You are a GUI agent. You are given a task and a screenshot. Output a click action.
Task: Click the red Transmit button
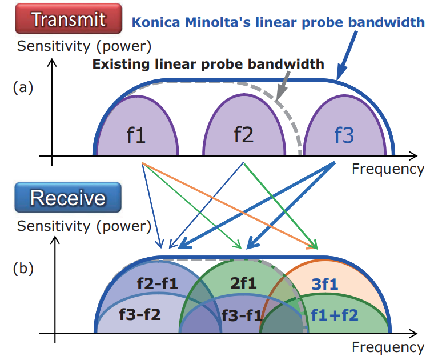[x=69, y=19]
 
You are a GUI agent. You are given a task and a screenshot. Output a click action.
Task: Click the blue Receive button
[x=68, y=198]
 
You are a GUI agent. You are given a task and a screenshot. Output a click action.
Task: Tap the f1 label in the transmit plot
[x=136, y=135]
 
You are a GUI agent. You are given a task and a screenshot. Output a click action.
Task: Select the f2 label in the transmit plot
[x=244, y=135]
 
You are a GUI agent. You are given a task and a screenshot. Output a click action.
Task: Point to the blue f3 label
[x=344, y=135]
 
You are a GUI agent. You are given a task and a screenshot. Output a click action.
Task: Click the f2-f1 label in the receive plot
[x=158, y=283]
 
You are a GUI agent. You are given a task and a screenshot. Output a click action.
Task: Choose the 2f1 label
[x=244, y=283]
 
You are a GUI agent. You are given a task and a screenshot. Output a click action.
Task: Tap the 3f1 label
[x=325, y=284]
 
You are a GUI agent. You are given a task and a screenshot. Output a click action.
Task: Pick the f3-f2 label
[x=140, y=314]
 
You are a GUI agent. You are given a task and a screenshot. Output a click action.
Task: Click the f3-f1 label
[x=242, y=315]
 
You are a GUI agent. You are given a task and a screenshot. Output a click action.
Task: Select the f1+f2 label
[x=335, y=315]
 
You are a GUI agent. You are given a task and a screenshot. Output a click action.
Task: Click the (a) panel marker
[x=23, y=87]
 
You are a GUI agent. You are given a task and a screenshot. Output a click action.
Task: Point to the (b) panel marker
[x=23, y=269]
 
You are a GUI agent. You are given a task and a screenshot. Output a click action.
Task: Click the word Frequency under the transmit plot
[x=388, y=169]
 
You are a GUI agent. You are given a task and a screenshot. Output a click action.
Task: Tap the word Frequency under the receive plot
[x=388, y=347]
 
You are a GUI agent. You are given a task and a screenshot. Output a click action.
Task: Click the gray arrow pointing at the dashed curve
[x=283, y=86]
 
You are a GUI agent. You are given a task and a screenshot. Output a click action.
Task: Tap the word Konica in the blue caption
[x=156, y=22]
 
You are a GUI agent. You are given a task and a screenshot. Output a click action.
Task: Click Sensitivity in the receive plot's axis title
[x=54, y=226]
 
